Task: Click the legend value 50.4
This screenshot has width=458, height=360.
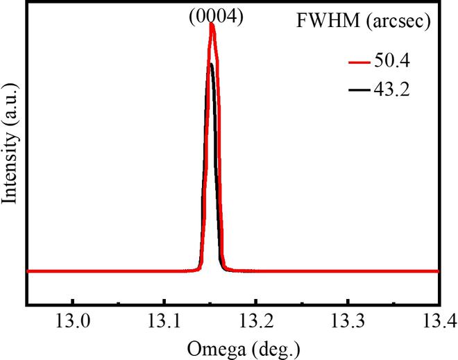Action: click(391, 62)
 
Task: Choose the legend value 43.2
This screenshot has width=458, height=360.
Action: click(391, 89)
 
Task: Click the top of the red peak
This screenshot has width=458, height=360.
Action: click(212, 26)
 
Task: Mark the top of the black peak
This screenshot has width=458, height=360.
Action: click(211, 65)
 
